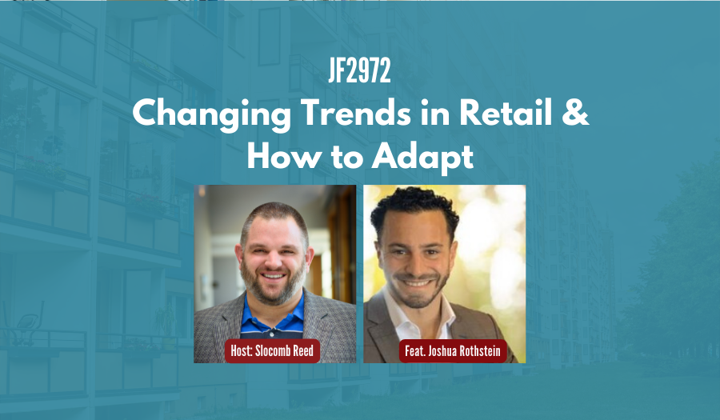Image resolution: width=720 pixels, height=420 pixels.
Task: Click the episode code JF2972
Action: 359,73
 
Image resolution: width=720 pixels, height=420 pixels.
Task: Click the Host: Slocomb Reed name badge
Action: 274,350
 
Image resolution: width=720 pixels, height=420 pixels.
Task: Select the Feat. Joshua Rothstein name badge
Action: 453,350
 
